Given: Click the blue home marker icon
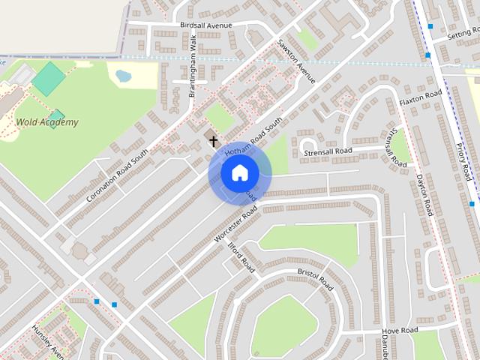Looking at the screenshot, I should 239,173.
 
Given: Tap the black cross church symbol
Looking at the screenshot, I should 213,141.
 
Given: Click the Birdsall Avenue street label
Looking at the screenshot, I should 206,25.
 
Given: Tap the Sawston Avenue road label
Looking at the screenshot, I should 296,61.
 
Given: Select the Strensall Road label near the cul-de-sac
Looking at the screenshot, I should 328,151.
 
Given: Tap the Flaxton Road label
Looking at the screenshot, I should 421,100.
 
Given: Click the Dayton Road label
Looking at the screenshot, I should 425,195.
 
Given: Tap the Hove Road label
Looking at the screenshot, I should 399,331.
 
